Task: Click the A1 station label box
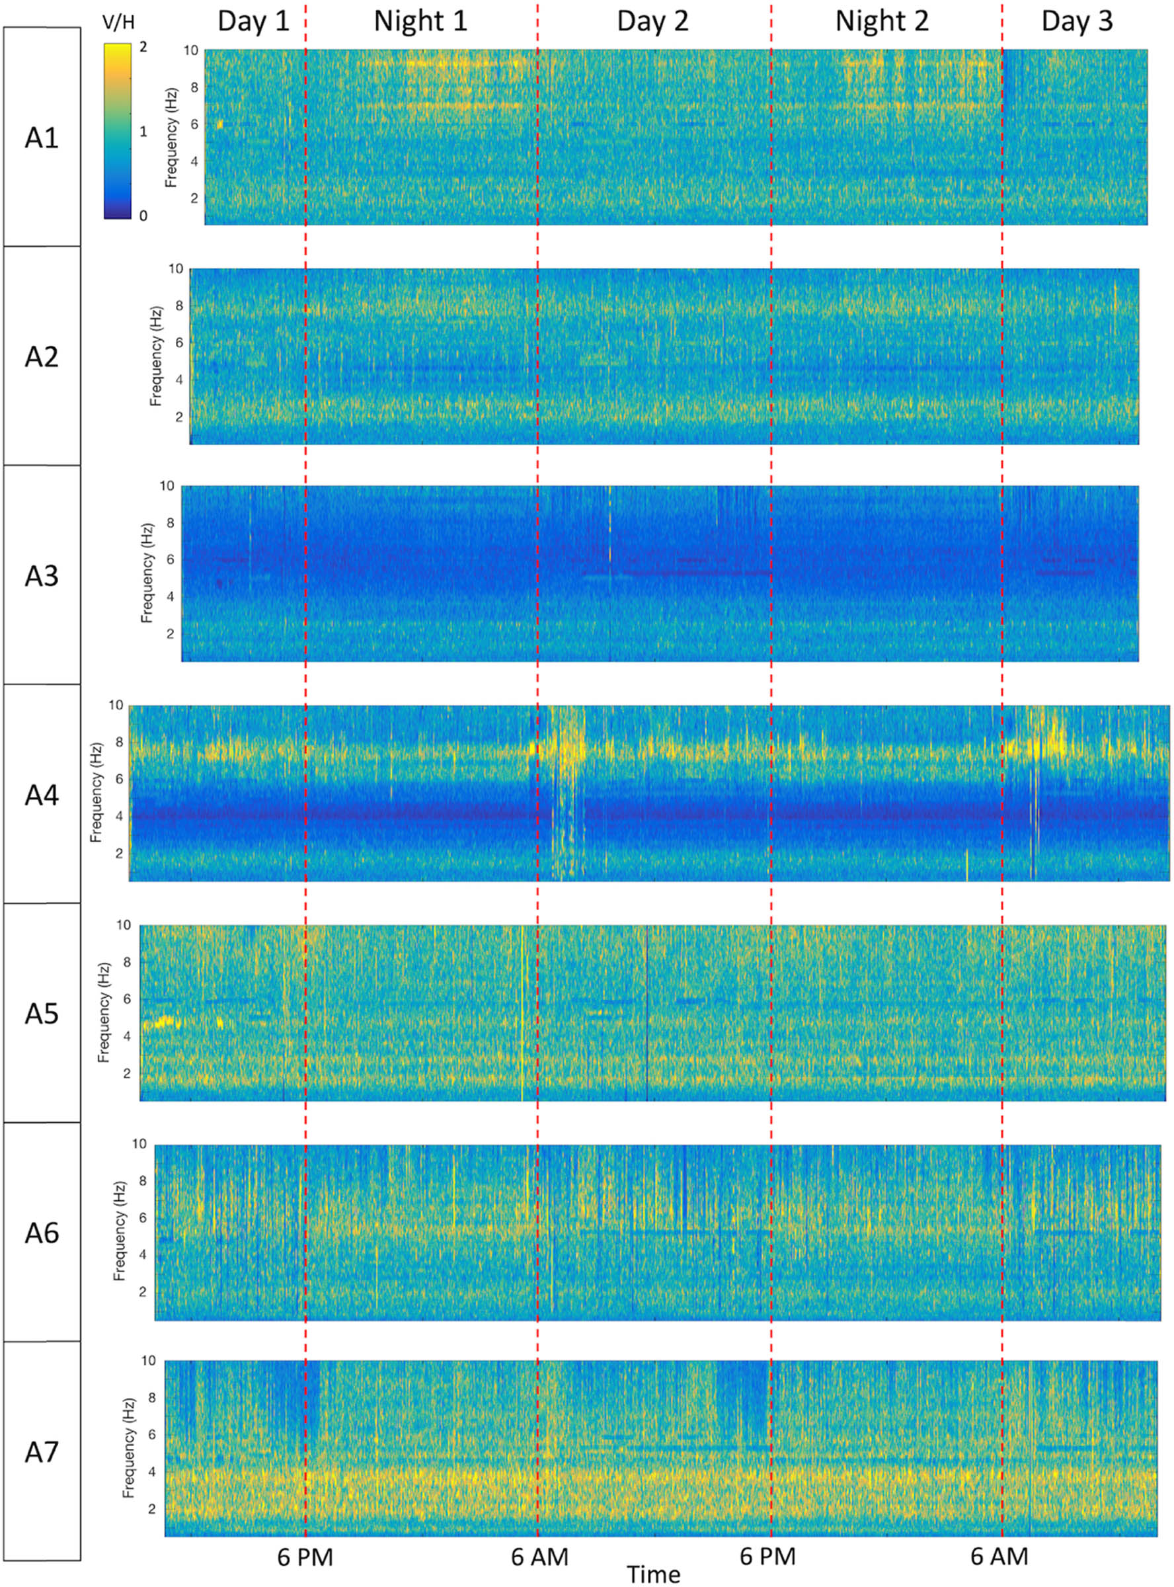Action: [x=41, y=137]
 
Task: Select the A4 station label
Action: [x=41, y=795]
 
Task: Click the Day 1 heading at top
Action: [x=253, y=21]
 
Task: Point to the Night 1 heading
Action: [x=420, y=21]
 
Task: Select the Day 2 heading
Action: [x=652, y=21]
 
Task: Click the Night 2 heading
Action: [x=881, y=21]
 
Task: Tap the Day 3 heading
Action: [x=1077, y=21]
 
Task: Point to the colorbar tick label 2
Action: [x=144, y=47]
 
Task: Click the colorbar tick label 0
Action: [x=144, y=216]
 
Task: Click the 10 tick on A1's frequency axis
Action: [x=190, y=51]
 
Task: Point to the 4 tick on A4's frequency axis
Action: [x=119, y=817]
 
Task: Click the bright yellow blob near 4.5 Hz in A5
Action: [x=163, y=1023]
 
